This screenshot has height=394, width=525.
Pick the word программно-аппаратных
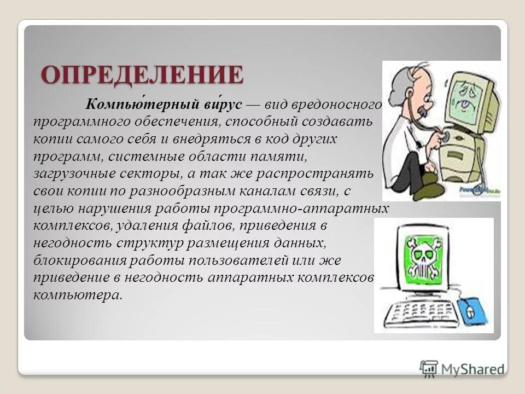301,208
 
